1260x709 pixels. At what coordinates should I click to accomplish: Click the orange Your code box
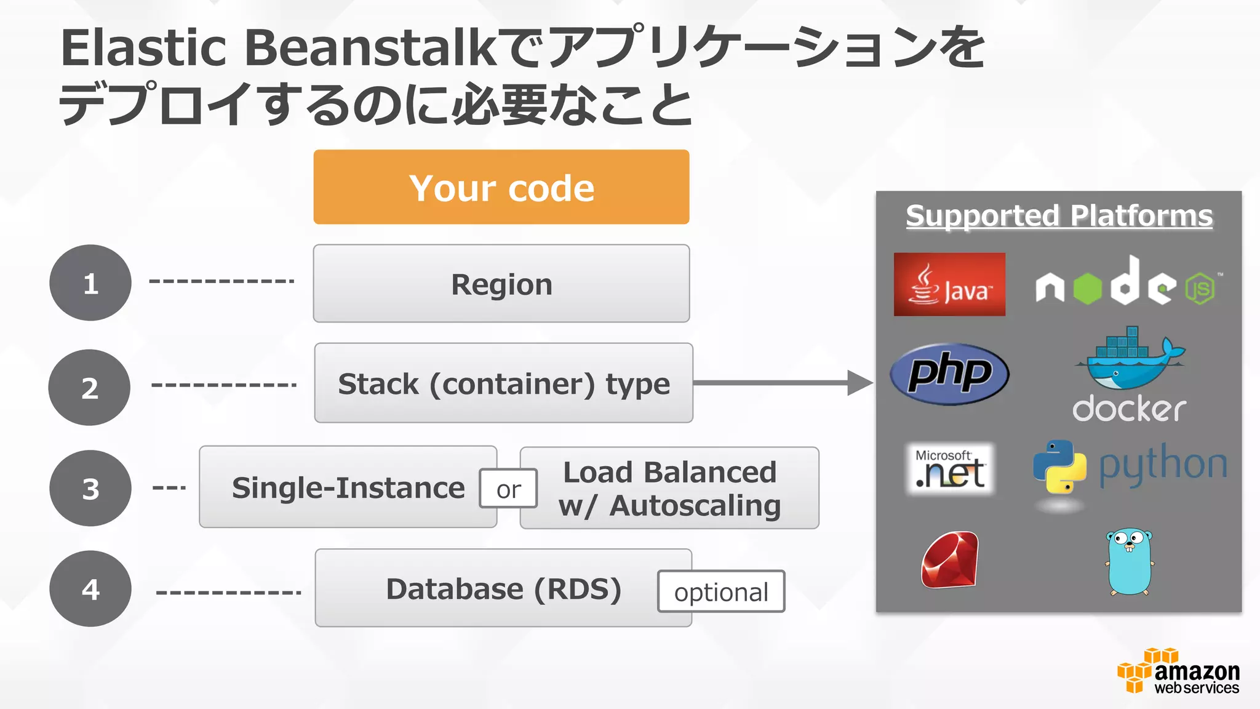point(501,187)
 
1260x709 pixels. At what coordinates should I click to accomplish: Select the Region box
point(501,284)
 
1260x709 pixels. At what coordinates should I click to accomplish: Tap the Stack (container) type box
point(503,383)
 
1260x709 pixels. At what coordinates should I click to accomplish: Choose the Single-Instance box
point(348,487)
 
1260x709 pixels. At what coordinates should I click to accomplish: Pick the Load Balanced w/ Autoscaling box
point(669,488)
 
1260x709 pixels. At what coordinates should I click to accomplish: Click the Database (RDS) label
point(503,589)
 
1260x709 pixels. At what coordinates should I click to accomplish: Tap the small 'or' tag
point(508,489)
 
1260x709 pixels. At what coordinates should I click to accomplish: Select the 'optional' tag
point(721,592)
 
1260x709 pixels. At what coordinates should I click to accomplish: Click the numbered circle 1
point(90,283)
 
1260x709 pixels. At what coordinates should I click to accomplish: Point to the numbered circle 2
point(90,388)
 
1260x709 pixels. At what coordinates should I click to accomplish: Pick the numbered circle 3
point(90,488)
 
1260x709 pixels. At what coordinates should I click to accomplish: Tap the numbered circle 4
point(90,589)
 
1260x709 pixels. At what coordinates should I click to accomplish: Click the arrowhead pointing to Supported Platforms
point(859,383)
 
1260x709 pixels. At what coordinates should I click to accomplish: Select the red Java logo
point(949,284)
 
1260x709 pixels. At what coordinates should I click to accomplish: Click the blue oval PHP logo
point(949,374)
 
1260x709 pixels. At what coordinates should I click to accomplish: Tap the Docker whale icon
point(1130,360)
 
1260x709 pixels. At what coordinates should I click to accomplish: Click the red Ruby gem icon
point(949,560)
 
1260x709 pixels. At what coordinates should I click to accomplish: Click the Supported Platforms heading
point(1059,216)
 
